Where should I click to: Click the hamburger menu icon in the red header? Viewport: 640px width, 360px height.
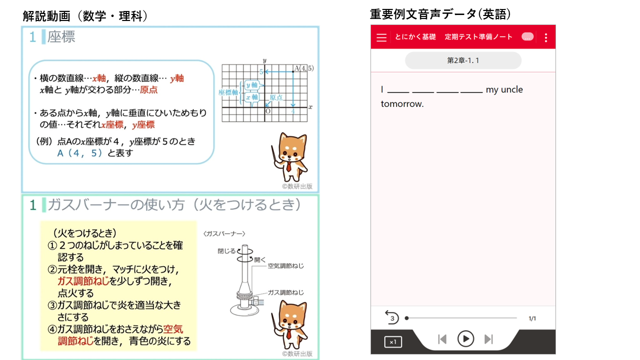point(381,37)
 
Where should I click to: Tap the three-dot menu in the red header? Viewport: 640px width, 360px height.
point(546,37)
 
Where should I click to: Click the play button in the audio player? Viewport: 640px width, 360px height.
point(465,339)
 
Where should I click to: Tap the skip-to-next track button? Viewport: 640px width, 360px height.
point(488,339)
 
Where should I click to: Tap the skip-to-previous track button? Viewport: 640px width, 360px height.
point(442,339)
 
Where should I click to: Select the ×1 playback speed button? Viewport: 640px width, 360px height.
point(393,342)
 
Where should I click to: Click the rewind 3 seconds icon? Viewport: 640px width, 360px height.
point(391,317)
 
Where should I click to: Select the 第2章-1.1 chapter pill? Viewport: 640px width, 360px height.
point(463,60)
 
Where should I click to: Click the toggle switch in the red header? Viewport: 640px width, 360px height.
point(527,37)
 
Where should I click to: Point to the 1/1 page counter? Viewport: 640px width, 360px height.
point(532,318)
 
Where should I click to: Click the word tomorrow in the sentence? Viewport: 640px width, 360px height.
point(402,104)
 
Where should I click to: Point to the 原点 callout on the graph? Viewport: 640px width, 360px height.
point(276,97)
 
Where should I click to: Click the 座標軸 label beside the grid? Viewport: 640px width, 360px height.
point(227,92)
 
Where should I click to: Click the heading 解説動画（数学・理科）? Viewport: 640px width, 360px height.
point(85,16)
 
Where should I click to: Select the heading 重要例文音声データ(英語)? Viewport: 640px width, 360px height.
point(440,14)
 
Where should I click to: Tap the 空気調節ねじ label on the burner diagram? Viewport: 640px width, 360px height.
point(285,265)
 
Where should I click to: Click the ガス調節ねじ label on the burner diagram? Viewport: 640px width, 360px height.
point(285,292)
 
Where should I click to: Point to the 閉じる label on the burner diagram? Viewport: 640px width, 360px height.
point(226,251)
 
